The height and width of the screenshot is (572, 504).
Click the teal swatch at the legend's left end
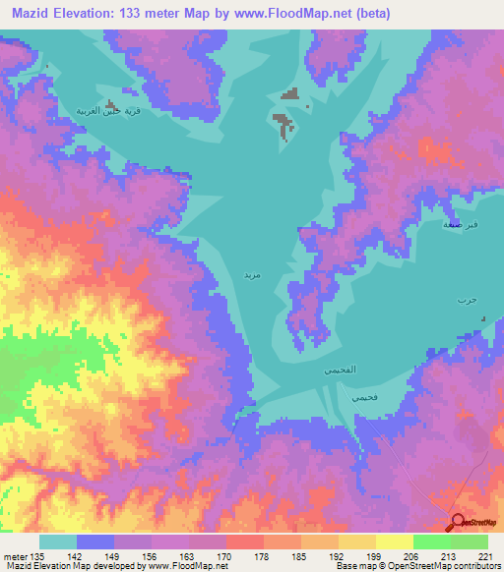[58, 542]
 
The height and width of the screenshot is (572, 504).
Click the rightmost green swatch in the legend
[470, 542]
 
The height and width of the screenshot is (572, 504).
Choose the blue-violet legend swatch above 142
[95, 542]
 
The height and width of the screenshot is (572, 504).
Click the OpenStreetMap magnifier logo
[457, 522]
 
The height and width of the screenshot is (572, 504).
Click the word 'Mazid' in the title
[35, 13]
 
